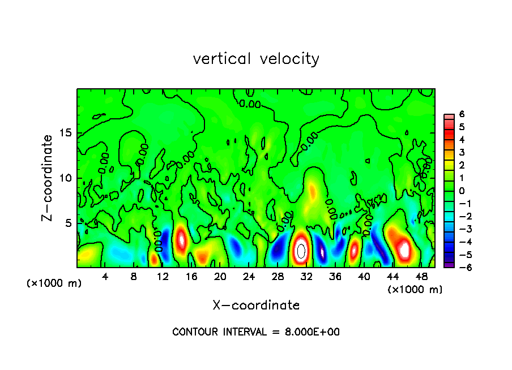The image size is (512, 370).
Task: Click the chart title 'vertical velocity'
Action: (256, 58)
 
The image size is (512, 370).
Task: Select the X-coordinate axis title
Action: (256, 305)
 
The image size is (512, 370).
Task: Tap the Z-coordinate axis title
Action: (48, 178)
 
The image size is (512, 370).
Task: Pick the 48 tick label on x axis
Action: (421, 277)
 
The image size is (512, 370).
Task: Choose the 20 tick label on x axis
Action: (220, 277)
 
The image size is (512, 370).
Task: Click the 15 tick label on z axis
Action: (65, 134)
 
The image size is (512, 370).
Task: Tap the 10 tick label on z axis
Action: (65, 178)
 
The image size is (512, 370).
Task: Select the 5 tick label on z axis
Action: (67, 223)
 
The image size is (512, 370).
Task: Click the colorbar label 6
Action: (462, 114)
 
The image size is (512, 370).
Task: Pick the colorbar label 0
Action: (462, 191)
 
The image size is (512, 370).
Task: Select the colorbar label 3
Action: (462, 152)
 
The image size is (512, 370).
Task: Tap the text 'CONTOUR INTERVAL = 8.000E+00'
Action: (256, 332)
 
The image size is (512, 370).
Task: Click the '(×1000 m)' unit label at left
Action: (54, 283)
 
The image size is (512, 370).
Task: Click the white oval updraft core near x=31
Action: (301, 250)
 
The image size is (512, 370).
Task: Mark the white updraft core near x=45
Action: (404, 248)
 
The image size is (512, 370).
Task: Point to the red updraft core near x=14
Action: (181, 239)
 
